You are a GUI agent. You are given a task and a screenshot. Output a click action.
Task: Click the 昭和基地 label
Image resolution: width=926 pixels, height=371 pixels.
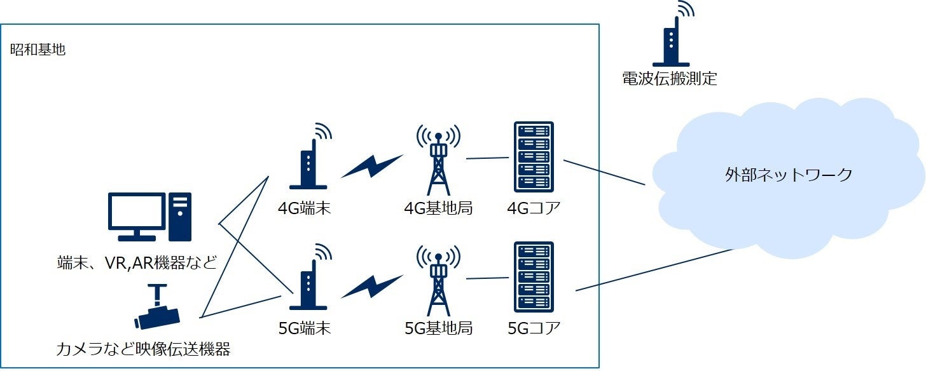(38, 50)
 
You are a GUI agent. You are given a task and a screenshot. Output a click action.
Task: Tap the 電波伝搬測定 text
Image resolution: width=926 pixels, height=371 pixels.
(669, 79)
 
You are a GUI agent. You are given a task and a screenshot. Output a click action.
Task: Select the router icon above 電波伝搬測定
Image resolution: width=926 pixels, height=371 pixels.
(672, 41)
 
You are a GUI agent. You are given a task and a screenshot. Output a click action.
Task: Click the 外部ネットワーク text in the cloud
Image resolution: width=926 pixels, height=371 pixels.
(789, 175)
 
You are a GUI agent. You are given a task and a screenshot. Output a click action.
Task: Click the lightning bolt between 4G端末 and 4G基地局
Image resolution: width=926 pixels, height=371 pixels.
(373, 167)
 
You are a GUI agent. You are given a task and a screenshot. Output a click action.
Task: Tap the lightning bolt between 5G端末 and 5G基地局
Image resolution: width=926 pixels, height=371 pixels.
(373, 287)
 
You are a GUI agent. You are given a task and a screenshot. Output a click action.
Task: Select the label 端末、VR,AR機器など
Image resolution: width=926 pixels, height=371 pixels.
(137, 262)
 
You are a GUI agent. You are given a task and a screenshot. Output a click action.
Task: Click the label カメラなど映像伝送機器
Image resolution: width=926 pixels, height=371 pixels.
(143, 349)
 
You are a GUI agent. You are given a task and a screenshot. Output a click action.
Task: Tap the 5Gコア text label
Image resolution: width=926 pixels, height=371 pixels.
(534, 328)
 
